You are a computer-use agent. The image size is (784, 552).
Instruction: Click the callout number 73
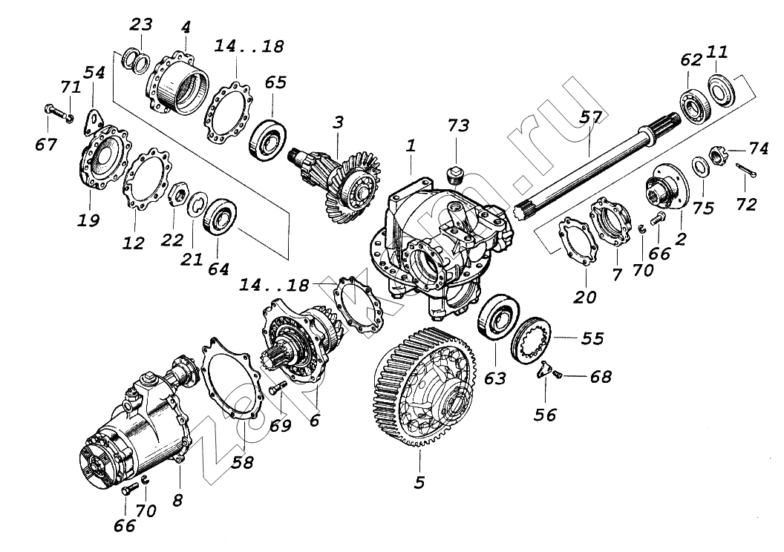pos(459,126)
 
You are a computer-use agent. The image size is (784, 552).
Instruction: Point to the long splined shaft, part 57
pos(594,171)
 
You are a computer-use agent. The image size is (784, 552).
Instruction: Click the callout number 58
pos(243,463)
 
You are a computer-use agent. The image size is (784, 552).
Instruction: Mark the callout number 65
pos(275,82)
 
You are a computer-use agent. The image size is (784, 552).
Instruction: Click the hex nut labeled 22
pos(177,197)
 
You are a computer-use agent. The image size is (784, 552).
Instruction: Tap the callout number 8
pos(177,500)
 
